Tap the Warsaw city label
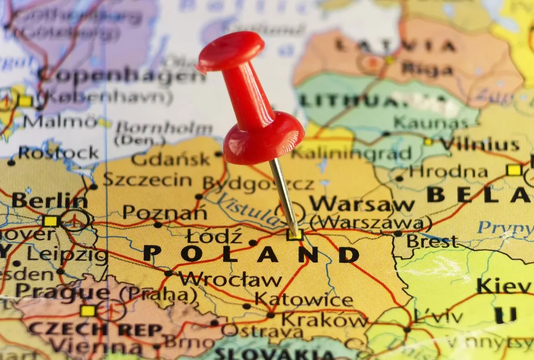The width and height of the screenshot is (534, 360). tap(362, 204)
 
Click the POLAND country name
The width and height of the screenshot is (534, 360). tap(251, 254)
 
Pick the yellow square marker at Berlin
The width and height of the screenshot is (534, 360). tap(51, 221)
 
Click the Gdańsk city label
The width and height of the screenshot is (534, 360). tap(171, 159)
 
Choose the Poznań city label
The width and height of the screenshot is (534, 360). tap(164, 212)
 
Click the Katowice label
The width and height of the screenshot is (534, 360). tap(304, 299)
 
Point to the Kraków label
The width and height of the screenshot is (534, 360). tap(325, 320)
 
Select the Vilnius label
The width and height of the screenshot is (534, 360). tap(479, 144)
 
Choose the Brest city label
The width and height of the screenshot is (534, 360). tap(432, 242)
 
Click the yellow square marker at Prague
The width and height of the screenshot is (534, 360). tap(88, 311)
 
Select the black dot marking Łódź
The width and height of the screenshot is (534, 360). tap(253, 243)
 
